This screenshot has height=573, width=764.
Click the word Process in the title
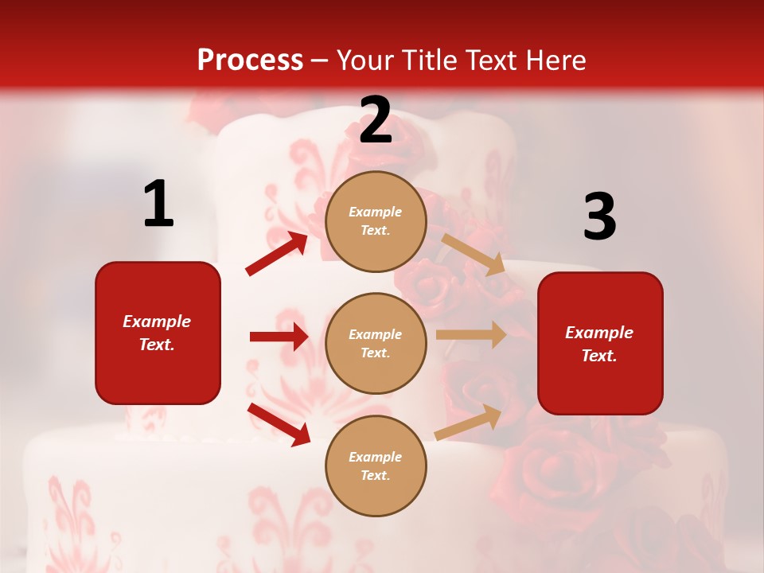coord(250,60)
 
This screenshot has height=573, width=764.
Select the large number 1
coord(158,204)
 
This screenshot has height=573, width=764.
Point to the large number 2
coord(375,119)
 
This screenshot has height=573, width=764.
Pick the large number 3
coord(599,216)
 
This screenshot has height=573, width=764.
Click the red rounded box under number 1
coord(158,333)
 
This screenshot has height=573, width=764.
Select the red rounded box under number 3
coord(600,343)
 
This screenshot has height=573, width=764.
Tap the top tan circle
coord(376,221)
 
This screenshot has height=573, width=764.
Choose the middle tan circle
coord(376,343)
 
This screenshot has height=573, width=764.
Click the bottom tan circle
coord(376,466)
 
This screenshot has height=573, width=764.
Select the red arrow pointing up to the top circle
coord(277,254)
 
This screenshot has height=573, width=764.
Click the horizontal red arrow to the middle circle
coord(279,337)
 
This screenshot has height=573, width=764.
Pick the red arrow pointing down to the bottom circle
coord(279,424)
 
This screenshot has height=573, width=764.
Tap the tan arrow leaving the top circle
coord(474,254)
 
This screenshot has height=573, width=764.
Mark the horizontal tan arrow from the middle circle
coord(470,335)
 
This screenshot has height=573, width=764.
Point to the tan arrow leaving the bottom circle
coord(468,423)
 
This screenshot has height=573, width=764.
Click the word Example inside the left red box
coord(157,322)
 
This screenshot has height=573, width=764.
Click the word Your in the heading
coord(365,60)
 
